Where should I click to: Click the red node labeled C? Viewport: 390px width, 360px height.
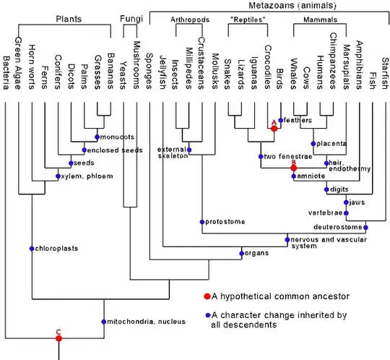[x=59, y=338]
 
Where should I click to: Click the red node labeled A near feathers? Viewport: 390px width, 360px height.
[x=274, y=128]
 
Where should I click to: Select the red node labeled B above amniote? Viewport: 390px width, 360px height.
[x=293, y=167]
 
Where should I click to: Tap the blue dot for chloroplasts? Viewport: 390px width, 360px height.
[x=32, y=248]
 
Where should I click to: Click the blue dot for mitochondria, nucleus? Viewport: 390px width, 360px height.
[x=105, y=321]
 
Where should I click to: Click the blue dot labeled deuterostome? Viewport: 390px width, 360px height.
[x=366, y=228]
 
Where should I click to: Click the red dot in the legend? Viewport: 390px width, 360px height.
[x=207, y=296]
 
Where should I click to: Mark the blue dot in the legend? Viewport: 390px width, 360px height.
[x=207, y=315]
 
